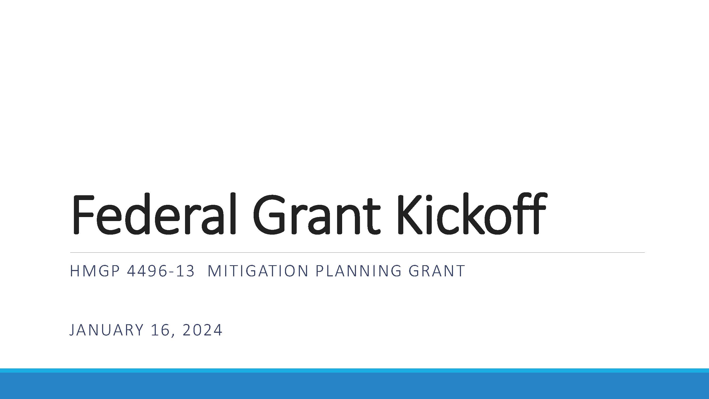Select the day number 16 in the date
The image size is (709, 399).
point(161,330)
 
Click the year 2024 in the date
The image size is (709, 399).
point(202,330)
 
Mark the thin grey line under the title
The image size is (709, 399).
point(358,252)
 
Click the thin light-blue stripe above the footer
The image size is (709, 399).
point(355,371)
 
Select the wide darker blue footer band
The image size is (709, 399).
point(355,386)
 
